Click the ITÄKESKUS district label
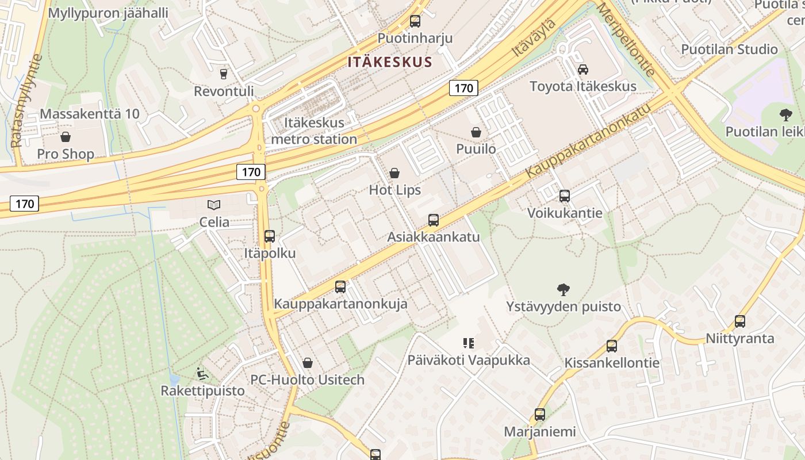coord(389,62)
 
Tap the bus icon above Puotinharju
coord(415,22)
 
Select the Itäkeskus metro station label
coord(314,131)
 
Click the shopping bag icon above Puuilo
coord(476,133)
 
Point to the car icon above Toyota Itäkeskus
coord(582,70)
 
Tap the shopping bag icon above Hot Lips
coord(394,173)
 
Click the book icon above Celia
coord(214,205)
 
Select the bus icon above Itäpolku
coord(269,236)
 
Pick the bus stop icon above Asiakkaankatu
coord(433,220)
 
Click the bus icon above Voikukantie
coord(564,196)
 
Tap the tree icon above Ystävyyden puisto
coord(563,290)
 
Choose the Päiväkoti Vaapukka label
coord(469,361)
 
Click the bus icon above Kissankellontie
coord(612,346)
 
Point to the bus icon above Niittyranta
coord(739,321)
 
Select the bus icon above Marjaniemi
coord(539,415)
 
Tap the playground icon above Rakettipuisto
coord(202,374)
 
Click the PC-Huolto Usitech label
coord(307,379)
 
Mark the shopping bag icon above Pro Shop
coord(66,137)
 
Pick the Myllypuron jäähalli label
coord(108,13)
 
